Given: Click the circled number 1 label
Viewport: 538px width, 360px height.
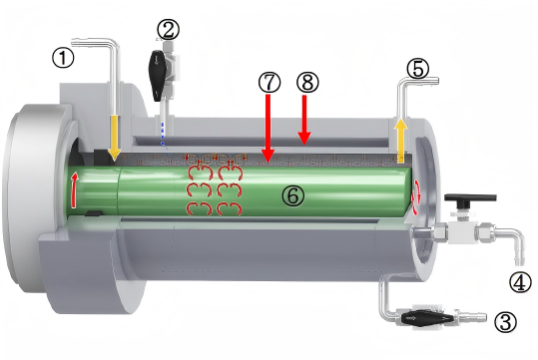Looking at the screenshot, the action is tap(63, 58).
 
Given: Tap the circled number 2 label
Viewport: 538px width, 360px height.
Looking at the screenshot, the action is tap(168, 30).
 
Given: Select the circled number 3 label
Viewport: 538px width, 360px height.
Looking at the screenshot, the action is tap(505, 323).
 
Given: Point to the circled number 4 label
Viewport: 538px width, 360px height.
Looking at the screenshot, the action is tap(520, 282).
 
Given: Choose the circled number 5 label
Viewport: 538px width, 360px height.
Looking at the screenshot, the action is tap(417, 69).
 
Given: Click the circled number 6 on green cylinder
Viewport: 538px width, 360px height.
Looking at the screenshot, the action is tap(293, 195).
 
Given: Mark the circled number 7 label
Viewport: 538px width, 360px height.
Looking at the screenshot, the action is tap(269, 83).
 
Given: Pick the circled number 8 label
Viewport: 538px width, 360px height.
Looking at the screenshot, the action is tap(307, 83).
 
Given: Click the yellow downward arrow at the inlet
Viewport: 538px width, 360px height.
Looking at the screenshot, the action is tap(115, 138).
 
